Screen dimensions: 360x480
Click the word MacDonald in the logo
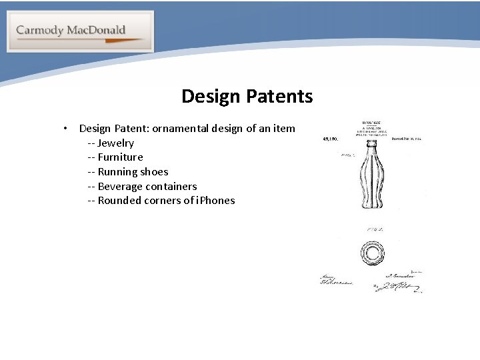[x=95, y=30]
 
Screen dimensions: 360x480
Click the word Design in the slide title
[x=211, y=97]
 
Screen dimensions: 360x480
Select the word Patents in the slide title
[x=279, y=97]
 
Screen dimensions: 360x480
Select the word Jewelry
[x=115, y=143]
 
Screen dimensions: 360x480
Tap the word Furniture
[x=120, y=157]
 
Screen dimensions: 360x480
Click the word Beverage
[x=120, y=187]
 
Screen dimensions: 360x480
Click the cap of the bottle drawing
[x=371, y=142]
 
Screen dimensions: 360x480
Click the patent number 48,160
[x=331, y=139]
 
